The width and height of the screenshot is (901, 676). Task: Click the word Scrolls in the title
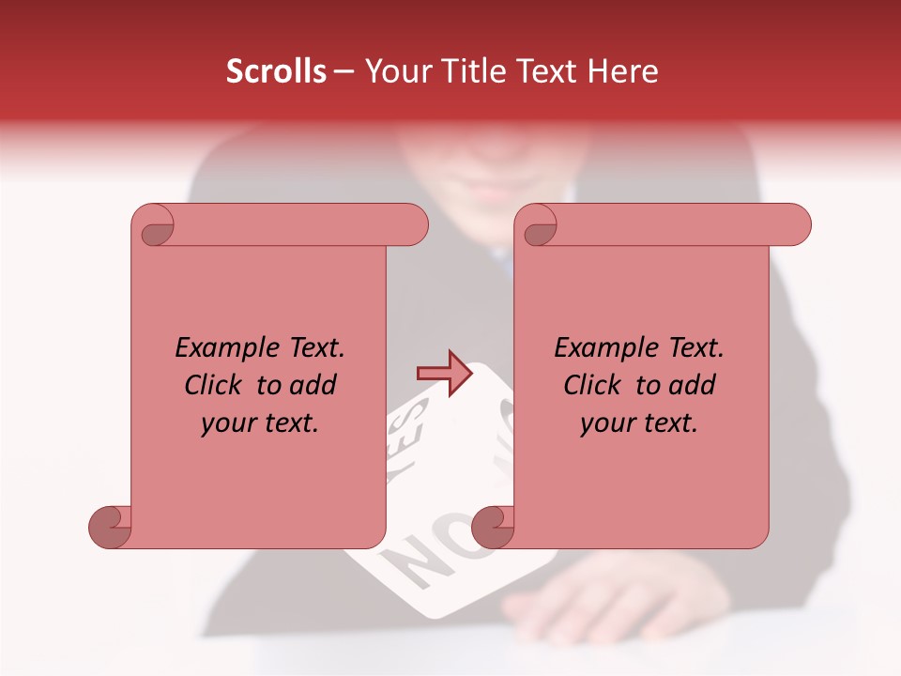pos(276,71)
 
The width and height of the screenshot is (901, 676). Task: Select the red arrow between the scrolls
pos(444,374)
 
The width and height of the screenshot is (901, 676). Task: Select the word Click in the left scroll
pos(211,385)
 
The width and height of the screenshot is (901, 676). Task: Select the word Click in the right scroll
pos(590,385)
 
